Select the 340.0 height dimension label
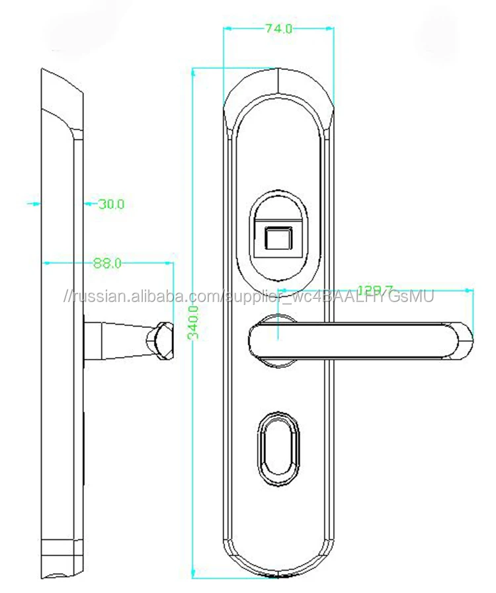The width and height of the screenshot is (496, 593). tap(193, 323)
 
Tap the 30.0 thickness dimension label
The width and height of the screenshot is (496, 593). tap(111, 204)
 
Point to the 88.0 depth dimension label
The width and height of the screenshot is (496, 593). tap(107, 263)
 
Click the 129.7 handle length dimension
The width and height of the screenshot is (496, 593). tap(375, 290)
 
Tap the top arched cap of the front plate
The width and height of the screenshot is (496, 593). tap(278, 86)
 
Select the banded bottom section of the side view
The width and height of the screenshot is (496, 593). tap(62, 548)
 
